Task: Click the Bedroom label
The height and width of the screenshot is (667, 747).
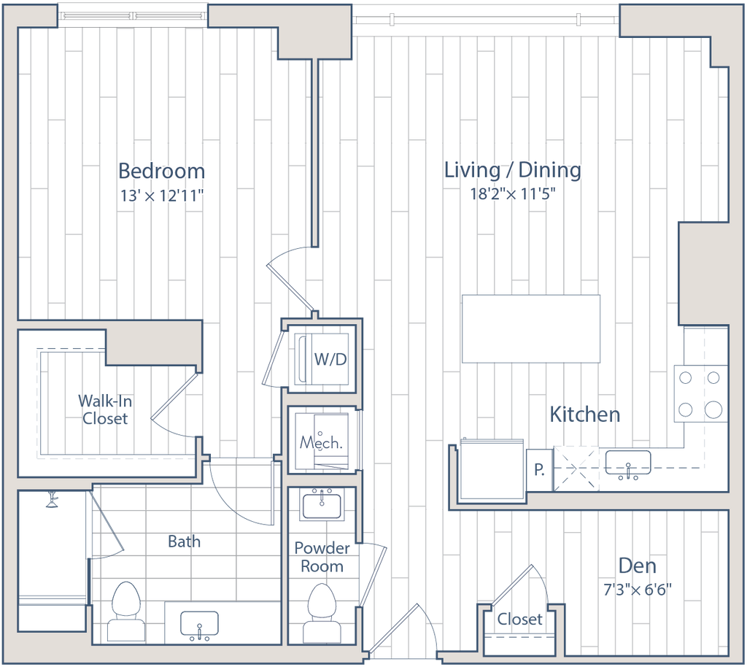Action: pyautogui.click(x=161, y=171)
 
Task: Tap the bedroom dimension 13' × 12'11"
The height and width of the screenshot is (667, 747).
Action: pyautogui.click(x=161, y=196)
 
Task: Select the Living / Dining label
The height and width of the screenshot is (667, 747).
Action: pyautogui.click(x=513, y=170)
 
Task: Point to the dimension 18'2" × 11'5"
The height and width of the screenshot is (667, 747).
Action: pyautogui.click(x=513, y=194)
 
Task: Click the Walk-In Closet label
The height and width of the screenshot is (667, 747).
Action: pyautogui.click(x=105, y=409)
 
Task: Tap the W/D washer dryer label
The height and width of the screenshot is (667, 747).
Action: pyautogui.click(x=330, y=359)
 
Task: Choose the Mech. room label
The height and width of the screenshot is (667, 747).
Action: pyautogui.click(x=321, y=443)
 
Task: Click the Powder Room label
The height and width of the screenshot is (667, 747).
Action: pyautogui.click(x=322, y=557)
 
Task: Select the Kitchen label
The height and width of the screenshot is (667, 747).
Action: pyautogui.click(x=585, y=415)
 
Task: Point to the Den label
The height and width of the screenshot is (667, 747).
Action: pyautogui.click(x=638, y=566)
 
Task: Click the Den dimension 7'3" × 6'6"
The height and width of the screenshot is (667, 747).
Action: pyautogui.click(x=638, y=590)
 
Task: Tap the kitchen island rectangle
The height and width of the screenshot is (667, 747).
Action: pyautogui.click(x=531, y=328)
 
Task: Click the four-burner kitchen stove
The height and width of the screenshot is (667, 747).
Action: pyautogui.click(x=701, y=393)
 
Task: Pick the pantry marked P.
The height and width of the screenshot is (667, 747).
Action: pyautogui.click(x=539, y=470)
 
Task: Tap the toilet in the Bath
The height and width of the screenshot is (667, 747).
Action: pyautogui.click(x=125, y=612)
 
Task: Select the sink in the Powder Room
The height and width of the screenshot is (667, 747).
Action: pyautogui.click(x=322, y=504)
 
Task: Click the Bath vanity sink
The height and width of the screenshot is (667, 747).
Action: pyautogui.click(x=199, y=624)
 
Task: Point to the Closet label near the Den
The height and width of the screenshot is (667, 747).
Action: pyautogui.click(x=519, y=620)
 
